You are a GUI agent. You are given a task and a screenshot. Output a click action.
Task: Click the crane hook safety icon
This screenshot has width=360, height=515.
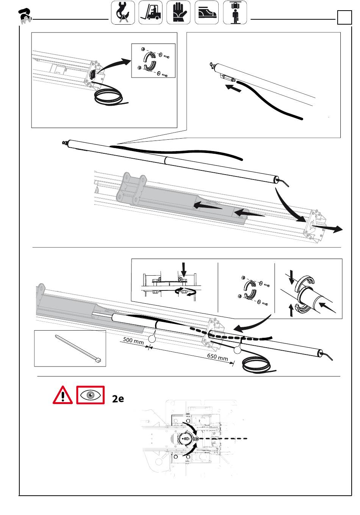[x=123, y=12]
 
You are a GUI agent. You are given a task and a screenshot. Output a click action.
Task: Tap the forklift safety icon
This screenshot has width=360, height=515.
[x=150, y=12]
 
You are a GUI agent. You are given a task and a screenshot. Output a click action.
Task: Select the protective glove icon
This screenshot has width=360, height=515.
[x=178, y=12]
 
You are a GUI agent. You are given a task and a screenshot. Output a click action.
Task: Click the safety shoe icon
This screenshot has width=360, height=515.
[x=207, y=12]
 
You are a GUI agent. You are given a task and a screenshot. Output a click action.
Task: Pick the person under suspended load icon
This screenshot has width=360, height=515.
[x=235, y=12]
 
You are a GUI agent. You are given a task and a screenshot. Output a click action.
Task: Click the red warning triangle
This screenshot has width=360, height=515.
[x=63, y=395]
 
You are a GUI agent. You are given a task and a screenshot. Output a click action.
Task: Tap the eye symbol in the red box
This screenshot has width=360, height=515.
[x=91, y=395]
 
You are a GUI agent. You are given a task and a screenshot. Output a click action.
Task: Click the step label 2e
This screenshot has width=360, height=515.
[x=118, y=398]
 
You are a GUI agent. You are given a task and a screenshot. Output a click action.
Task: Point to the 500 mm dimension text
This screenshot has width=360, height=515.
[x=133, y=340]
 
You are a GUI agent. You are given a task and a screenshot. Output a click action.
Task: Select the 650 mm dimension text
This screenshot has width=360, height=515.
[x=218, y=357]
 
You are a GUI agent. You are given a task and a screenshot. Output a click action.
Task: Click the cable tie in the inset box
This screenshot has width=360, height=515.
[x=78, y=349]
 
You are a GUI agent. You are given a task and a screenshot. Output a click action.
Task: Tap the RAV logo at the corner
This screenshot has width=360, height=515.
[x=25, y=16]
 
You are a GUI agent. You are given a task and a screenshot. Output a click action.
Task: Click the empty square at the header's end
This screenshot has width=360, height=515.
[x=344, y=17]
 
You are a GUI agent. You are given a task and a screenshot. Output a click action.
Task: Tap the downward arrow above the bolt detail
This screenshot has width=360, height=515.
[x=183, y=270]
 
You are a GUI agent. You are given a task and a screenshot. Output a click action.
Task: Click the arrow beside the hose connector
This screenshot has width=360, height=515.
[x=233, y=88]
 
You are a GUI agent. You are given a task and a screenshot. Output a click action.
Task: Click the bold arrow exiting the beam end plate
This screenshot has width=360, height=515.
[x=329, y=228]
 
